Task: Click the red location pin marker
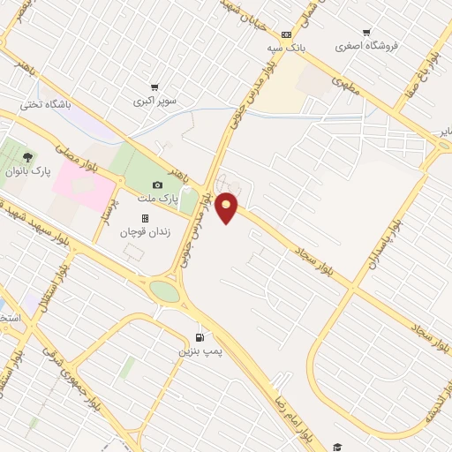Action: click(227, 207)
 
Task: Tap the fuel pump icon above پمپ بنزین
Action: click(200, 336)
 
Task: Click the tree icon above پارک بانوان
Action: click(27, 157)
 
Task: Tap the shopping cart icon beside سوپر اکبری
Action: click(154, 87)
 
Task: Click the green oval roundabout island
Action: click(163, 290)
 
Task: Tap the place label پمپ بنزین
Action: click(196, 350)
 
